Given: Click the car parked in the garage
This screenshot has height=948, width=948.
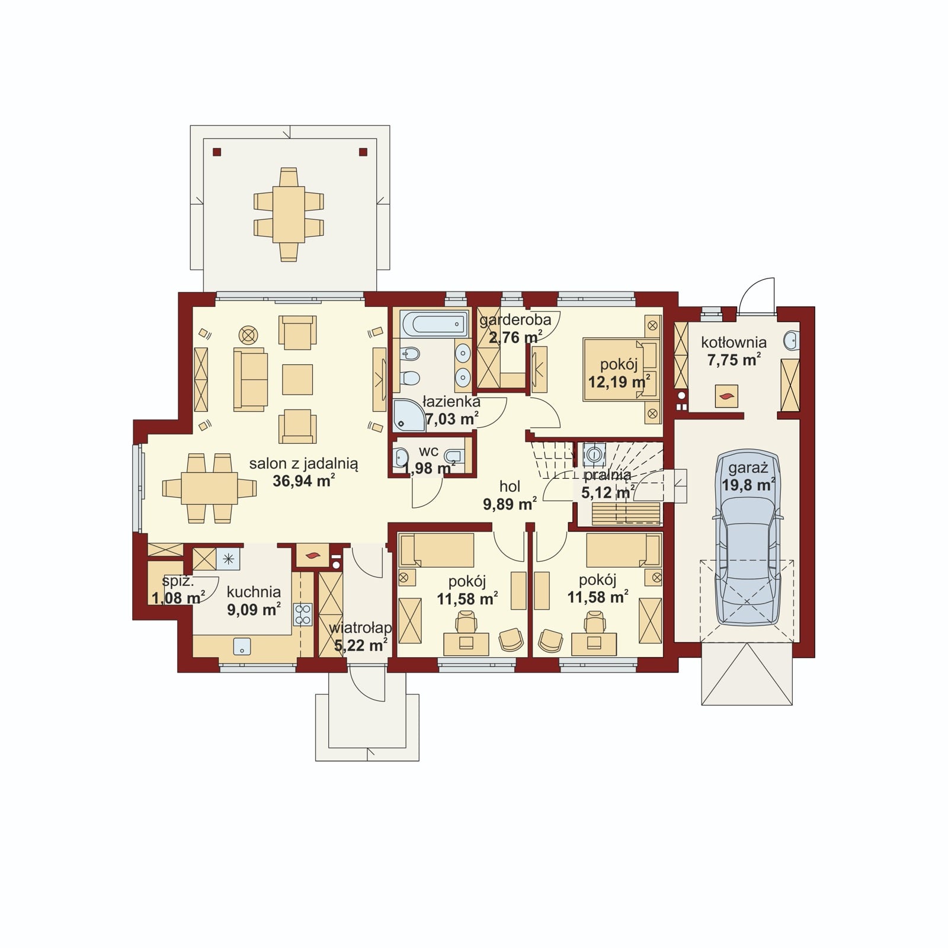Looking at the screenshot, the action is coord(747,538).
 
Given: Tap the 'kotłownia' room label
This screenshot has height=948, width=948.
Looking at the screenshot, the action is coord(734,342).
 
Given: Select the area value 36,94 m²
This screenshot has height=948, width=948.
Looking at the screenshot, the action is coord(304,480).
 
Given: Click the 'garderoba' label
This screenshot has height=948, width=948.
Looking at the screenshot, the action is coord(515,320).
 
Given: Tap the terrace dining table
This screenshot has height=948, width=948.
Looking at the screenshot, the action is coord(289,214).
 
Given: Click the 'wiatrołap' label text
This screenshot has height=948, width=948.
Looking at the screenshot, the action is coord(360,627).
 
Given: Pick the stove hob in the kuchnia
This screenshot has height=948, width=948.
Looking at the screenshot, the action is coord(303,614).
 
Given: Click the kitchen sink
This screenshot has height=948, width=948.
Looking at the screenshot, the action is coord(242,646).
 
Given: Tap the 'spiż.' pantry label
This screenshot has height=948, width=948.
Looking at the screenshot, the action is coord(178,581).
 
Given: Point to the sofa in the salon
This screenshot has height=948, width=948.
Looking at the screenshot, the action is coord(251,379).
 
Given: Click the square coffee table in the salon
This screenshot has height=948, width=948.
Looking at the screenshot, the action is coord(297,380).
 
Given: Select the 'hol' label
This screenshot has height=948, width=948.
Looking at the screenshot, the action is coord(510,486).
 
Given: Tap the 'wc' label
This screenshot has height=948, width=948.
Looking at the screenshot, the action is coord(428,451).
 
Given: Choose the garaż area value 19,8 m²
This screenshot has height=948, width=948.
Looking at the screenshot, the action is coord(748,485).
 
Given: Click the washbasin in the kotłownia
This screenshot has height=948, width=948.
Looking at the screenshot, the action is coord(791,340).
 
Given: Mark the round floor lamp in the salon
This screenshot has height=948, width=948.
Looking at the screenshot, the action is coord(248,335).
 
